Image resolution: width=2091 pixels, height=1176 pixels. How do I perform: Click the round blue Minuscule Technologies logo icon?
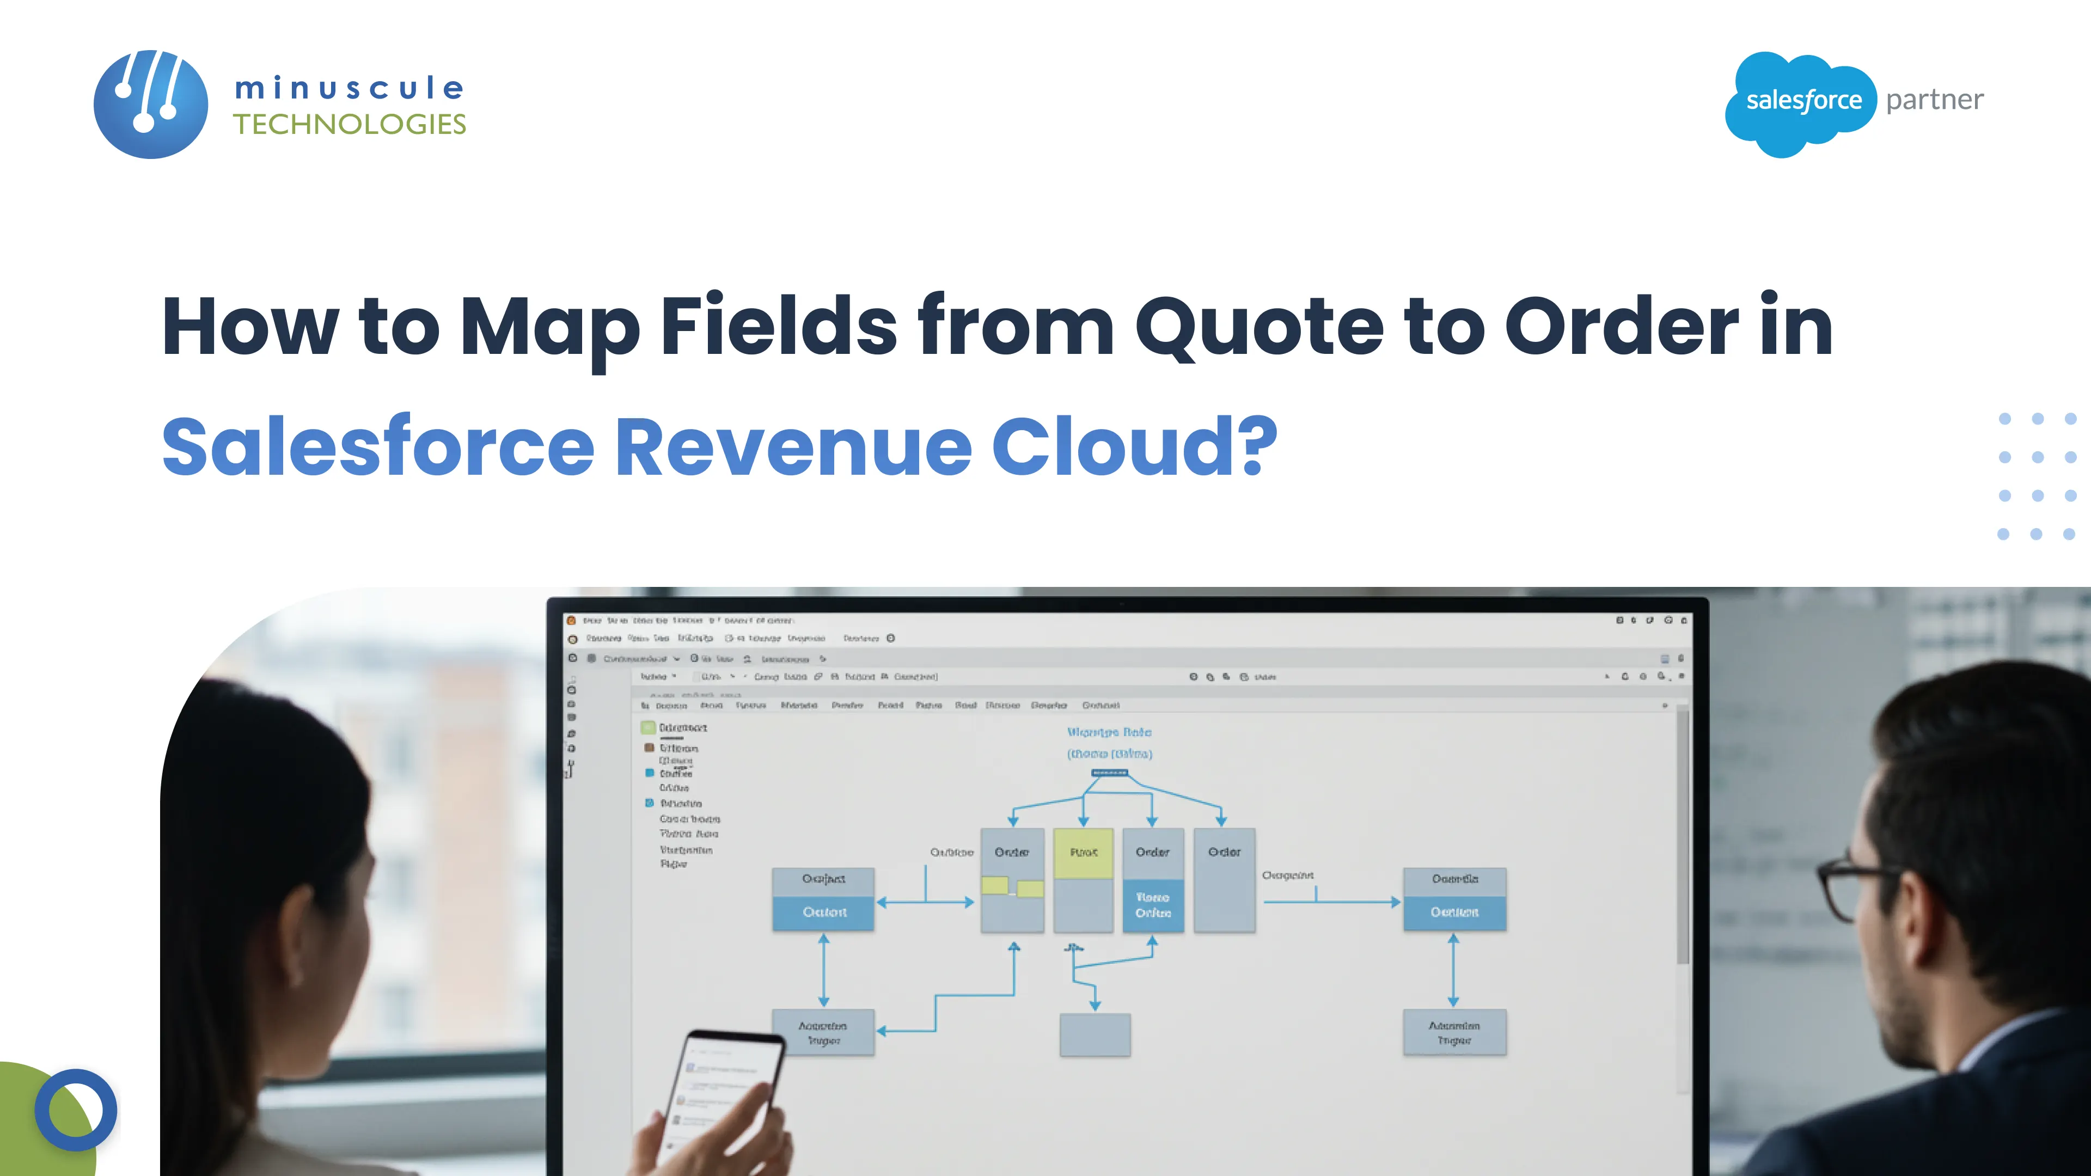(x=151, y=104)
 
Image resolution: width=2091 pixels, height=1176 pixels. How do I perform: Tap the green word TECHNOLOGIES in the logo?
(x=349, y=124)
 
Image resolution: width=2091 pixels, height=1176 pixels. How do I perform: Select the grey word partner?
(x=1934, y=100)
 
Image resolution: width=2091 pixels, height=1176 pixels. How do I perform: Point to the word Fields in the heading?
(x=779, y=326)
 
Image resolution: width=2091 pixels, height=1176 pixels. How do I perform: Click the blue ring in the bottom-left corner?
(x=76, y=1110)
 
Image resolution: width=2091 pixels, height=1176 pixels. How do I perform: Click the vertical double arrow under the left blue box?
(x=824, y=970)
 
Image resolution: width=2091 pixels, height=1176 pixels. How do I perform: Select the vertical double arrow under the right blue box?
(x=1453, y=970)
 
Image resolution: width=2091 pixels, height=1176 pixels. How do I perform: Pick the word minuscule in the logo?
(x=349, y=88)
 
